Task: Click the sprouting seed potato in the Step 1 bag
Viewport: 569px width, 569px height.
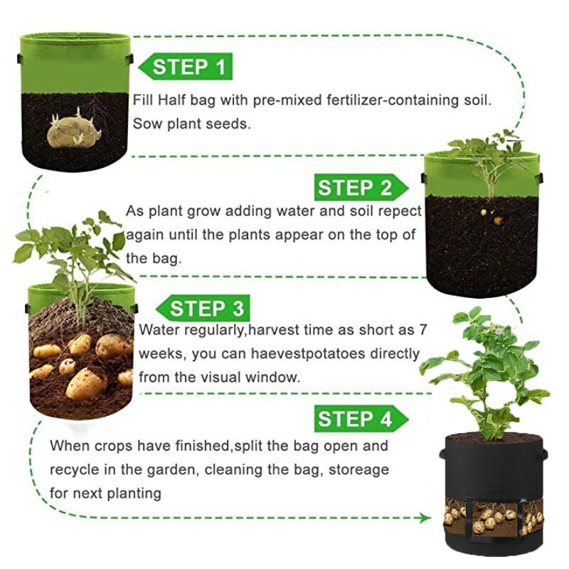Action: (x=73, y=131)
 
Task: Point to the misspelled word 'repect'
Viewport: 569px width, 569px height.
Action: (x=398, y=211)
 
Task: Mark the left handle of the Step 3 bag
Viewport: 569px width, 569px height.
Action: (x=27, y=308)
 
